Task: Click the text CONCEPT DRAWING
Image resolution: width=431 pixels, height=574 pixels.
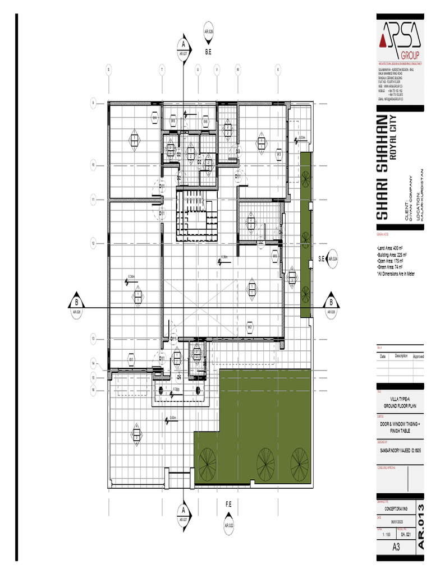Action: tap(396, 508)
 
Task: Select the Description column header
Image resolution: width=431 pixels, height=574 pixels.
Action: tap(401, 356)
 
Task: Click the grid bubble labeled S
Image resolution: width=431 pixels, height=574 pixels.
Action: tap(108, 70)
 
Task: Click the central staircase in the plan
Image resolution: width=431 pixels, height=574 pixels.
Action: tap(197, 216)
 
